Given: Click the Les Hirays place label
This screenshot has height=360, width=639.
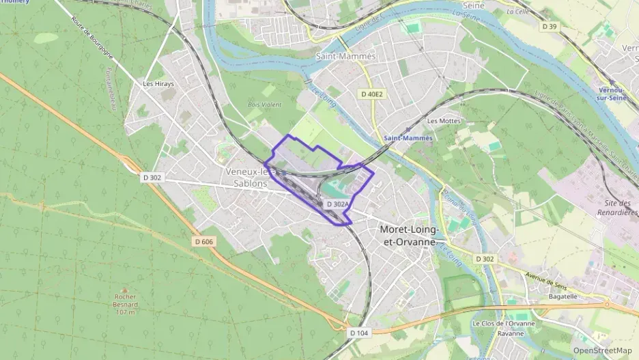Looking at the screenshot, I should point(158,84).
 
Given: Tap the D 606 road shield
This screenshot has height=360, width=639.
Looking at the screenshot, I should point(203,241).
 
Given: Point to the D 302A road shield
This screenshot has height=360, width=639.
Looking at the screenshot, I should point(337,204).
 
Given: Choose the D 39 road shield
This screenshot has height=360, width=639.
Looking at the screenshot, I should point(550,27).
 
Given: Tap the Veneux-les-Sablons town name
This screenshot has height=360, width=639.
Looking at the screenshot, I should point(248,177).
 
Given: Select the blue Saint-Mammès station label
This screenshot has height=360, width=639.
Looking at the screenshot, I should point(408,138).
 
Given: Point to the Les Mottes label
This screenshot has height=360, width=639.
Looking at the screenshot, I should point(443,121).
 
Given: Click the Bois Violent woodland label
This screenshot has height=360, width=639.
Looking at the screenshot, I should point(264,105).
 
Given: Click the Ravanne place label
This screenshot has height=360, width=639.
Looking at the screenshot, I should point(511,333).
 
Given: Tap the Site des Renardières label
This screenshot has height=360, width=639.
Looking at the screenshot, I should point(620,208).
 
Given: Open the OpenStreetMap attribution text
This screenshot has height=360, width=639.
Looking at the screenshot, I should point(602,350).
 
